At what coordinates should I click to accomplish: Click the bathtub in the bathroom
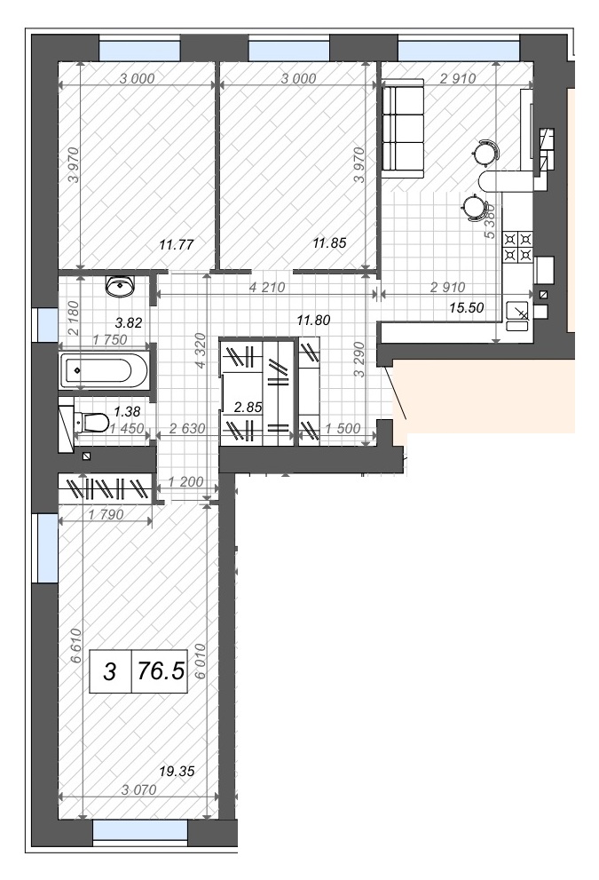(105, 370)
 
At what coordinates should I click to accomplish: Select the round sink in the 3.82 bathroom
(120, 286)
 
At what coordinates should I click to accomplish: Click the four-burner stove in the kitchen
(517, 248)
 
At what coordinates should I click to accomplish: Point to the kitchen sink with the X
(518, 312)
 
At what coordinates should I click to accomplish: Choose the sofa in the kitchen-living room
(402, 129)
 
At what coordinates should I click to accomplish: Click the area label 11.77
(176, 245)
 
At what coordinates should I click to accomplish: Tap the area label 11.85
(329, 243)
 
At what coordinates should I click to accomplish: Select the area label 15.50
(467, 307)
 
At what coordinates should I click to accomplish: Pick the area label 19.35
(177, 771)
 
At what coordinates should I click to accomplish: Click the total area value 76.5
(161, 670)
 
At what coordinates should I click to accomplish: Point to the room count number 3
(110, 671)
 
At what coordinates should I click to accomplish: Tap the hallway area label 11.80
(313, 321)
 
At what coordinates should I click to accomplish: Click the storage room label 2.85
(248, 407)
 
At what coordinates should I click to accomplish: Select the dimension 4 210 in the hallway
(267, 288)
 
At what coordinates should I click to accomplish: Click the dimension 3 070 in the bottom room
(139, 789)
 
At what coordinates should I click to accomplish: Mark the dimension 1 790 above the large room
(106, 514)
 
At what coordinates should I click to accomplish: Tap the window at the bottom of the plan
(139, 830)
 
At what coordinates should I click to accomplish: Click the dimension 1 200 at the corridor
(185, 481)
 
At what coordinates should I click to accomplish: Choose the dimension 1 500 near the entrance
(343, 428)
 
